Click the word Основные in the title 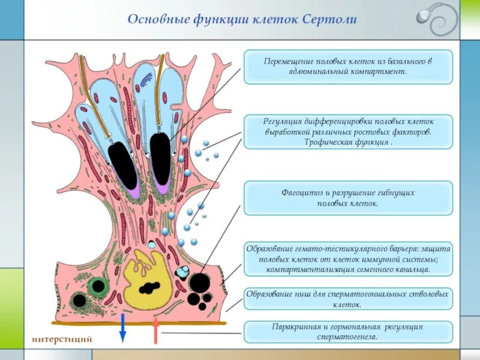point(152,19)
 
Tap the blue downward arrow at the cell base point(122,328)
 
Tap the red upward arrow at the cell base point(155,329)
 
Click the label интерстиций point(62,339)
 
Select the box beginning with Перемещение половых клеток point(348,67)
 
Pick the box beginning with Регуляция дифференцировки point(348,131)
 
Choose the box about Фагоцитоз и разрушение point(348,199)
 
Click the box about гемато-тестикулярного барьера point(348,259)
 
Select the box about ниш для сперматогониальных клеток point(348,299)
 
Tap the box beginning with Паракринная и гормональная point(348,332)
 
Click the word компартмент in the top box point(379,71)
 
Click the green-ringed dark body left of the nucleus point(95,286)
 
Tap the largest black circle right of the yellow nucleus point(199,283)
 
